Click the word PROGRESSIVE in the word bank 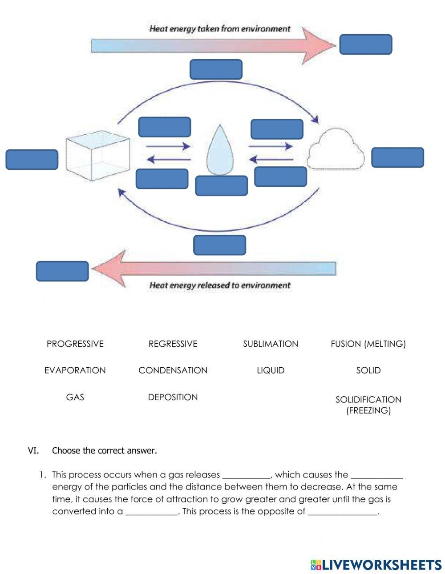75,344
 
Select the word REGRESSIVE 173,344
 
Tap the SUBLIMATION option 271,344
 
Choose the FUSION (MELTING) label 368,344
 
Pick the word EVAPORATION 75,370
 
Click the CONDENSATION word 173,370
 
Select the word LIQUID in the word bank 271,370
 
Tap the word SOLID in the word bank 368,370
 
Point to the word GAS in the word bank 75,397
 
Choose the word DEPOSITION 173,397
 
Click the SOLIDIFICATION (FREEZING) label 368,405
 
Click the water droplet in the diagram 220,150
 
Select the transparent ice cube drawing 98,156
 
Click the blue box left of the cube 32,160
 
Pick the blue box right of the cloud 397,157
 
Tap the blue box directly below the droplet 222,186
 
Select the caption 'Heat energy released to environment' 220,285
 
